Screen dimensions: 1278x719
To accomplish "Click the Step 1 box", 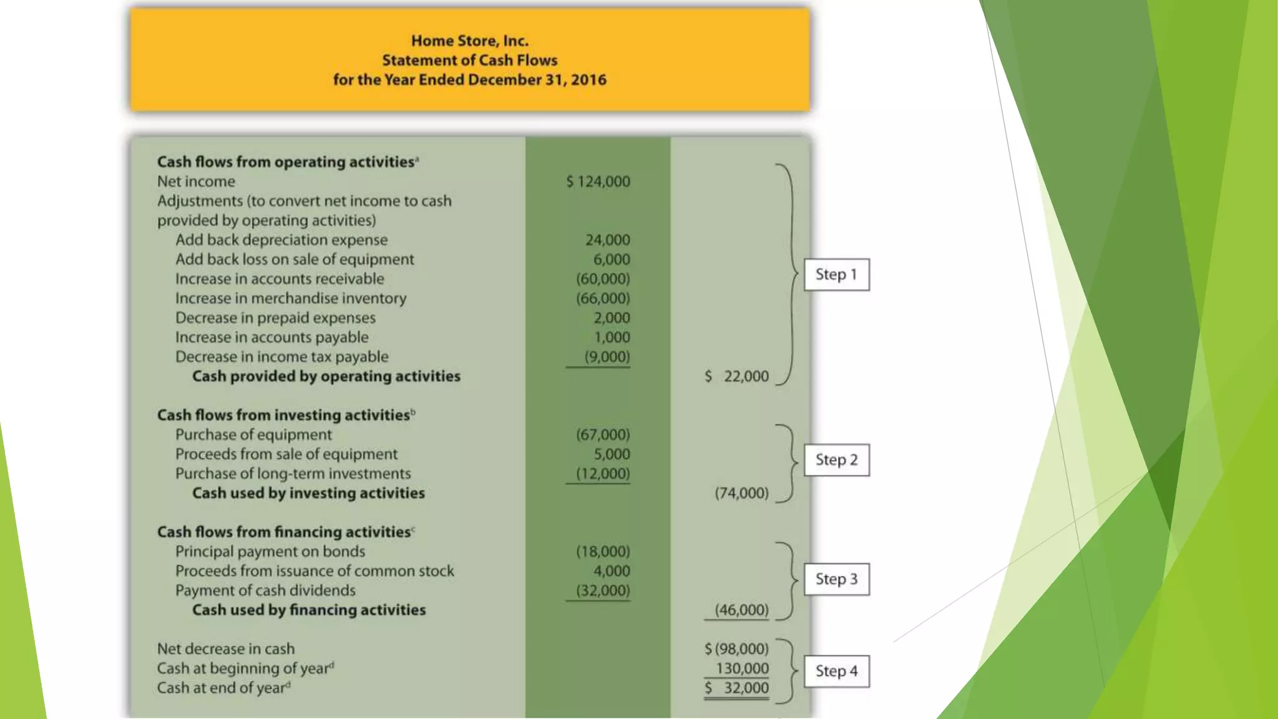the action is pos(836,275).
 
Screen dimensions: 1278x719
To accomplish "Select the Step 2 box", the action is pos(836,460).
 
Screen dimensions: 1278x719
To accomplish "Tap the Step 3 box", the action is pos(836,579).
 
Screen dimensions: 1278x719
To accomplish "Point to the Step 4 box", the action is pos(836,671).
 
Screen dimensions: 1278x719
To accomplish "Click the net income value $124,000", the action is pos(598,182).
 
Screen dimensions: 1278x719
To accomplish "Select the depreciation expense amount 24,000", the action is pos(607,240).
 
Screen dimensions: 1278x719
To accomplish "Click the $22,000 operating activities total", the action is pos(737,376).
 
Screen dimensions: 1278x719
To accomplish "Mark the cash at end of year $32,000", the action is pos(737,688).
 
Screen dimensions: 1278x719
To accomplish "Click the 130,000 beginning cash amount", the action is pos(742,668).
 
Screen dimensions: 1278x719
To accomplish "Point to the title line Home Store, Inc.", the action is pos(469,41).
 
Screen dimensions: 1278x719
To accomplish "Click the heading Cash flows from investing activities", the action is pos(283,415).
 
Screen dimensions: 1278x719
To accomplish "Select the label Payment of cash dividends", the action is pos(265,590).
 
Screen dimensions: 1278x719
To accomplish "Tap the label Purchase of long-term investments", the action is pos(293,474).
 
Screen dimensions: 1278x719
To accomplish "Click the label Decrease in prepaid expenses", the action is pos(275,318).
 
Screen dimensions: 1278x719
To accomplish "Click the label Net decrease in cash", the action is pos(226,649).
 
